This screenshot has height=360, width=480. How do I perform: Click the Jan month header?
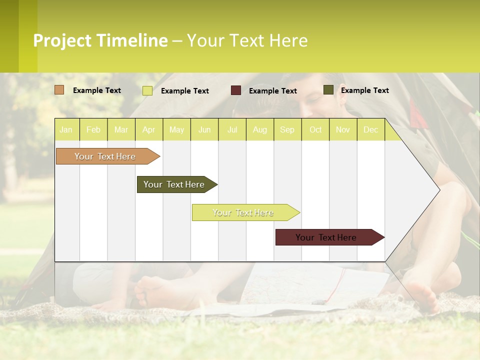(66, 129)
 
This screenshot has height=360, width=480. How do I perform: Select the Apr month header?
(149, 129)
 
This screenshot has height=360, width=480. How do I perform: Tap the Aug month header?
(260, 129)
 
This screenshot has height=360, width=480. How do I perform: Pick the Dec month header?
(371, 129)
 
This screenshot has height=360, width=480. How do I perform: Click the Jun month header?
(204, 129)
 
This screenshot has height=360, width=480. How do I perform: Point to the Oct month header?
(315, 129)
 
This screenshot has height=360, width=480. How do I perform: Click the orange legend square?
(59, 90)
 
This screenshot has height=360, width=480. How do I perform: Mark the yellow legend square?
(147, 90)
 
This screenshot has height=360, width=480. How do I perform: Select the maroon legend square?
(236, 90)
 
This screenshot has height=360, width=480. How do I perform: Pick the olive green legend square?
(328, 90)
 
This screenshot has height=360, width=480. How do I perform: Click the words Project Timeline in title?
(100, 40)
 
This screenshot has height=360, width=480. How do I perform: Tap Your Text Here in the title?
(247, 40)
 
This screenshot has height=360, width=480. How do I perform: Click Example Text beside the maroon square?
(273, 91)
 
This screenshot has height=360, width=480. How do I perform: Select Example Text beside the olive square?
(365, 90)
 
